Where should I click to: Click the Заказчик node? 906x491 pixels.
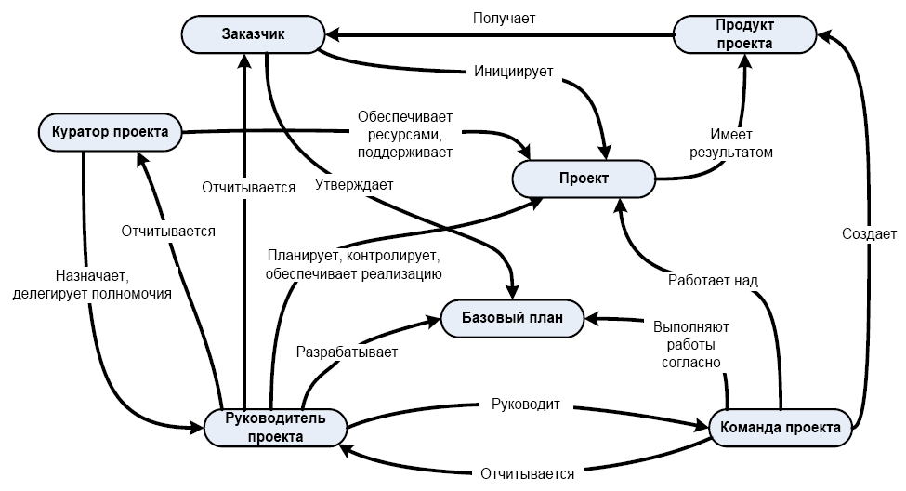click(253, 35)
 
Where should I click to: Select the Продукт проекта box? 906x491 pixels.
click(743, 35)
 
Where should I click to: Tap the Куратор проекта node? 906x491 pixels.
click(110, 131)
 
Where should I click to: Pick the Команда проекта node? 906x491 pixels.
click(781, 428)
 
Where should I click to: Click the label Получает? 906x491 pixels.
click(504, 17)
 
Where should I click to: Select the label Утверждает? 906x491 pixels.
click(353, 184)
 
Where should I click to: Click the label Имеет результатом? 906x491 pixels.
click(730, 143)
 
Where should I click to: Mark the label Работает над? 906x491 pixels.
click(714, 279)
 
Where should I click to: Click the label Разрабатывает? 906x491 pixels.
click(347, 352)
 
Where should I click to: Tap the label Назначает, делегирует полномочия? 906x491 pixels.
click(92, 285)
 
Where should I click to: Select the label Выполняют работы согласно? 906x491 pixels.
click(691, 344)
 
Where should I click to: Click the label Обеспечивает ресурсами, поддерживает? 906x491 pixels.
click(404, 134)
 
